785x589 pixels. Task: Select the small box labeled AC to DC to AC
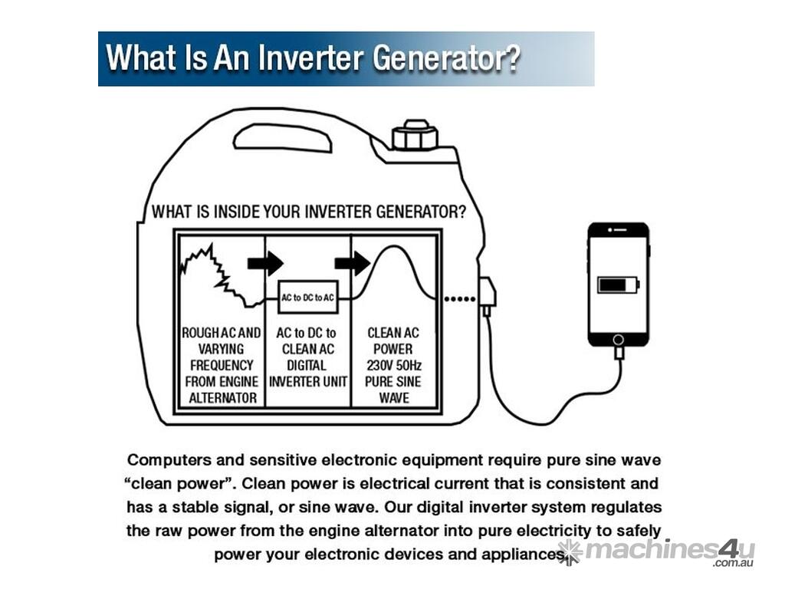click(x=307, y=297)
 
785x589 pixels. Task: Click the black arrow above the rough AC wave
click(x=265, y=264)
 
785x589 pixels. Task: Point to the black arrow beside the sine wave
click(x=353, y=264)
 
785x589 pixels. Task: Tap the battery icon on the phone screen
click(x=618, y=285)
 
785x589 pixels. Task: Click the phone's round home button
click(x=619, y=337)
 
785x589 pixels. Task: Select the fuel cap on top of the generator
click(x=415, y=136)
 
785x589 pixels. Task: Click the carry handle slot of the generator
click(x=282, y=138)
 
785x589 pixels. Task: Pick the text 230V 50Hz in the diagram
click(x=394, y=365)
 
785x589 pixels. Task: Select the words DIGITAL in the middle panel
click(x=306, y=365)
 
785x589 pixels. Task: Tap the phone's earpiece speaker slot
click(x=619, y=229)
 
